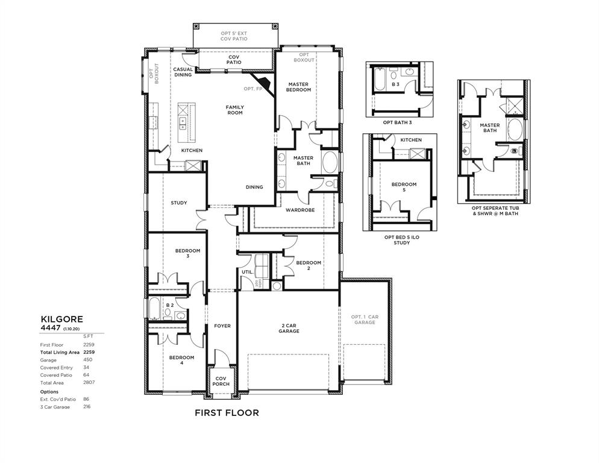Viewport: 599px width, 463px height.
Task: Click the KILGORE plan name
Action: pos(62,318)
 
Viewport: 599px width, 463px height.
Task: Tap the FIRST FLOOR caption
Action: pos(227,413)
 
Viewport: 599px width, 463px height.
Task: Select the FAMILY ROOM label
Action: pos(234,110)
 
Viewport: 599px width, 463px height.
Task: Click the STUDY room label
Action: pos(178,203)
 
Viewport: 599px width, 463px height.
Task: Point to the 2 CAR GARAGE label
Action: pos(289,328)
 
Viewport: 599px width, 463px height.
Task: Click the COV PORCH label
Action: pos(221,382)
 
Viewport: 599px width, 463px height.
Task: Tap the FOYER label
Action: pos(222,326)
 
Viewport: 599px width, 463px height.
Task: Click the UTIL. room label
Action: pos(248,272)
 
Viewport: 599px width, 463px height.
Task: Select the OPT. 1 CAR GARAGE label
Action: pos(365,320)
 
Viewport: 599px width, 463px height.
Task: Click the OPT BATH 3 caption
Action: pos(398,122)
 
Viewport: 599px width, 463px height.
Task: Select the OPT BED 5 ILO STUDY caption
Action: pos(397,240)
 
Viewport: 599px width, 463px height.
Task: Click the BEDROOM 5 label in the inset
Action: pos(404,187)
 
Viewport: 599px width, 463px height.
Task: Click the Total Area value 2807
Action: pos(89,382)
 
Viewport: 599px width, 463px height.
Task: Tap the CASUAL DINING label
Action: pos(183,72)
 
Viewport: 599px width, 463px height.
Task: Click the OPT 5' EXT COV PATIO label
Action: pos(235,35)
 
